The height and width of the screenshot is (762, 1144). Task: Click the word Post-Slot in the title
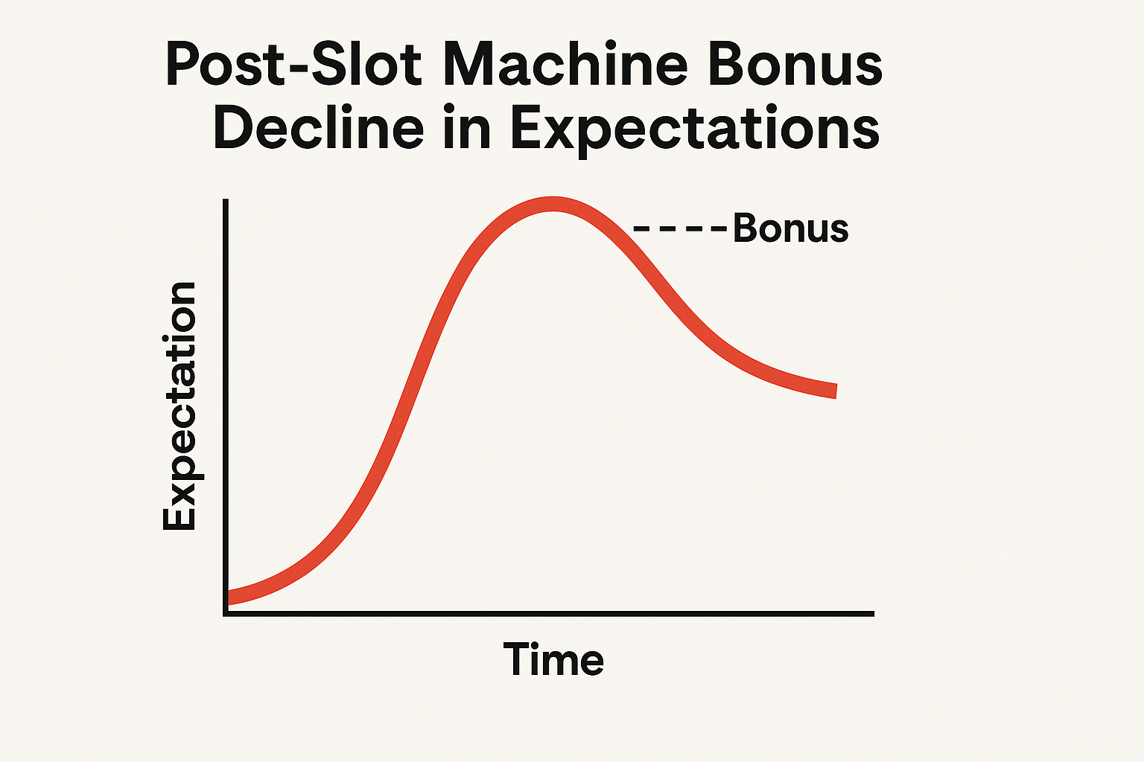(x=293, y=63)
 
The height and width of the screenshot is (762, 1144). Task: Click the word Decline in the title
(x=318, y=126)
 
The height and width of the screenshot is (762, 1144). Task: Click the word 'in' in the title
(x=467, y=126)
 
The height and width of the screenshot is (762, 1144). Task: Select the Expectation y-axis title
(x=179, y=406)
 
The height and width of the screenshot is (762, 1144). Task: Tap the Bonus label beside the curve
(x=790, y=228)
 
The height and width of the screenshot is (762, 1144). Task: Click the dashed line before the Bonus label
(x=680, y=228)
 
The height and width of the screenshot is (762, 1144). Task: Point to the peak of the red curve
(x=553, y=204)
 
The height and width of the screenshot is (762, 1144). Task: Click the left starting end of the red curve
(x=228, y=598)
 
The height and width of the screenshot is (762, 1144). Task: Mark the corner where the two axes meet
(x=226, y=613)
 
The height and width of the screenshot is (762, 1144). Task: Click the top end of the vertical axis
(x=226, y=199)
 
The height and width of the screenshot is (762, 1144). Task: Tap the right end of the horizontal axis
(x=874, y=613)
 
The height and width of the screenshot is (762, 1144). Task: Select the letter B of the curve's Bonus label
(x=745, y=228)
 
